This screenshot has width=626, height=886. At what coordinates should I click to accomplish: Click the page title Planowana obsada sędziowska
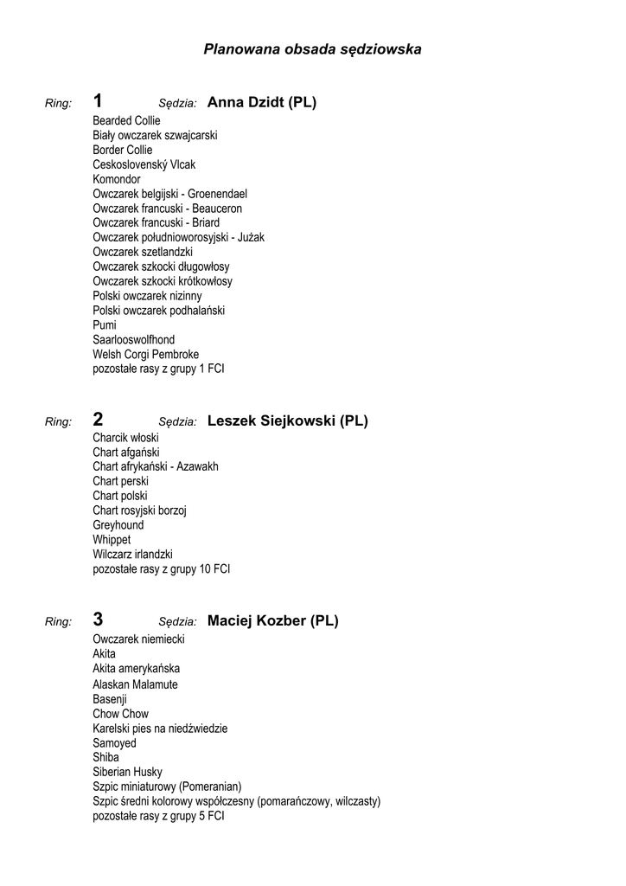pos(312,49)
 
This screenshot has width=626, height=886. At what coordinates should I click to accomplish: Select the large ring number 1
pos(98,101)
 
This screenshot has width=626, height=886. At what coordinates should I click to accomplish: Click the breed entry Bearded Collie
pos(126,120)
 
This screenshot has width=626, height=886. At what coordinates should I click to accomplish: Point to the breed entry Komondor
pos(117,179)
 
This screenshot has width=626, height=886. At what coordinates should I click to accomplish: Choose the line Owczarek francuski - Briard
pos(156,222)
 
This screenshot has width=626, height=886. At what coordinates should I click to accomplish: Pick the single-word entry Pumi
pos(105,324)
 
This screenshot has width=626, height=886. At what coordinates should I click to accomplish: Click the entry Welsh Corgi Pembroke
pos(146,354)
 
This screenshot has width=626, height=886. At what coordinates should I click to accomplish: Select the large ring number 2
pos(98,420)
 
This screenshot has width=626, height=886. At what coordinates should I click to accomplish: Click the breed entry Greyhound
pos(118,525)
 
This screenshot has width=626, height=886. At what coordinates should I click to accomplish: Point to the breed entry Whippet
pos(112,540)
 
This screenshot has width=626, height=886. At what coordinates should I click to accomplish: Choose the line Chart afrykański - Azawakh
pos(156,466)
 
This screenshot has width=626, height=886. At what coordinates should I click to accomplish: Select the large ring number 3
pos(98,619)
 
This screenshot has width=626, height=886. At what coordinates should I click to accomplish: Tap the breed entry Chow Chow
pos(120,714)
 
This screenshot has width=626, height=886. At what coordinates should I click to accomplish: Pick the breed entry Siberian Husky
pos(127,772)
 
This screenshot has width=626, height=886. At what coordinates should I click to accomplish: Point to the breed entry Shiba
pos(106,757)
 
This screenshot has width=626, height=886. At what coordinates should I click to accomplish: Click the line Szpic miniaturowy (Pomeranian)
pos(167,786)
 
